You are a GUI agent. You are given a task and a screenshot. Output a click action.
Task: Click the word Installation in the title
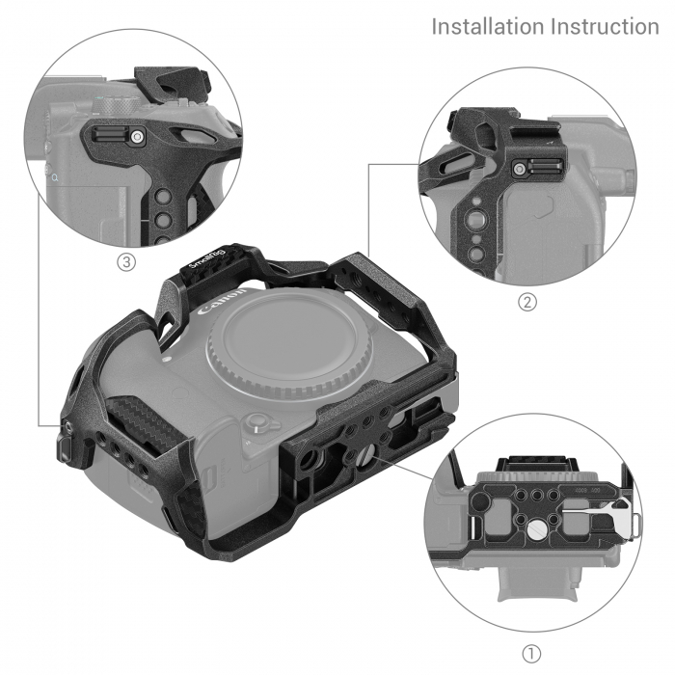tap(488, 27)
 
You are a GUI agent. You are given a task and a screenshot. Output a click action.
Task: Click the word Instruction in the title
tap(605, 27)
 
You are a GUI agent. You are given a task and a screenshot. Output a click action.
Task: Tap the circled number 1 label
tap(531, 655)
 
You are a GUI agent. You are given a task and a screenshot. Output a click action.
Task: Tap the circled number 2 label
tap(527, 302)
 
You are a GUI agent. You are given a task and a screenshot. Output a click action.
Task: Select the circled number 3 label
tap(126, 261)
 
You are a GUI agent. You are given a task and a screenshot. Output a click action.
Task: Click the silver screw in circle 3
tap(137, 137)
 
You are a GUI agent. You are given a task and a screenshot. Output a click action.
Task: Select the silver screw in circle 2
tap(520, 168)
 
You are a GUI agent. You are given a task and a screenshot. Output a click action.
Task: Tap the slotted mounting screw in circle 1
tap(536, 529)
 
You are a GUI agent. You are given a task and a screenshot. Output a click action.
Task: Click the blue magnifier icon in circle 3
tap(55, 177)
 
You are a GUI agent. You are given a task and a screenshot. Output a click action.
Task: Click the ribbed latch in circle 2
tap(546, 166)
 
